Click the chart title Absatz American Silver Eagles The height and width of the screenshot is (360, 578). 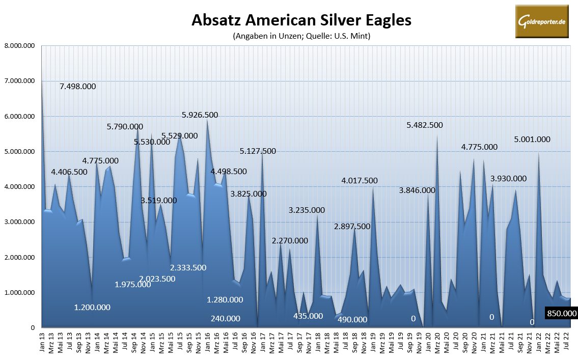tap(301, 20)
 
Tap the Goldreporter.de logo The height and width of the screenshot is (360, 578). tap(542, 21)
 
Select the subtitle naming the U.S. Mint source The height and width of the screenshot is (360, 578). tap(301, 36)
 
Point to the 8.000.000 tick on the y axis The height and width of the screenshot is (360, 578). tap(19, 46)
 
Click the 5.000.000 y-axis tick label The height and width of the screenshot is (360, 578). tap(19, 152)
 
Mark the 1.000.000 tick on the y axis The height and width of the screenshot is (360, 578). tap(19, 293)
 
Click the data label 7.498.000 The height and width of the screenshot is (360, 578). tap(77, 87)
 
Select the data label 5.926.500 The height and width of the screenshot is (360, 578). tap(200, 115)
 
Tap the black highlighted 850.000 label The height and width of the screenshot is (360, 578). tap(561, 314)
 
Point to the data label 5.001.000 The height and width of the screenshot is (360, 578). tap(532, 139)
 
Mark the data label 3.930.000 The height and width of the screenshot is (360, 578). tap(508, 178)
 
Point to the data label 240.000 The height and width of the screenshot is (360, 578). tap(226, 319)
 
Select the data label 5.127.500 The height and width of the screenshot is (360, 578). tap(258, 151)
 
